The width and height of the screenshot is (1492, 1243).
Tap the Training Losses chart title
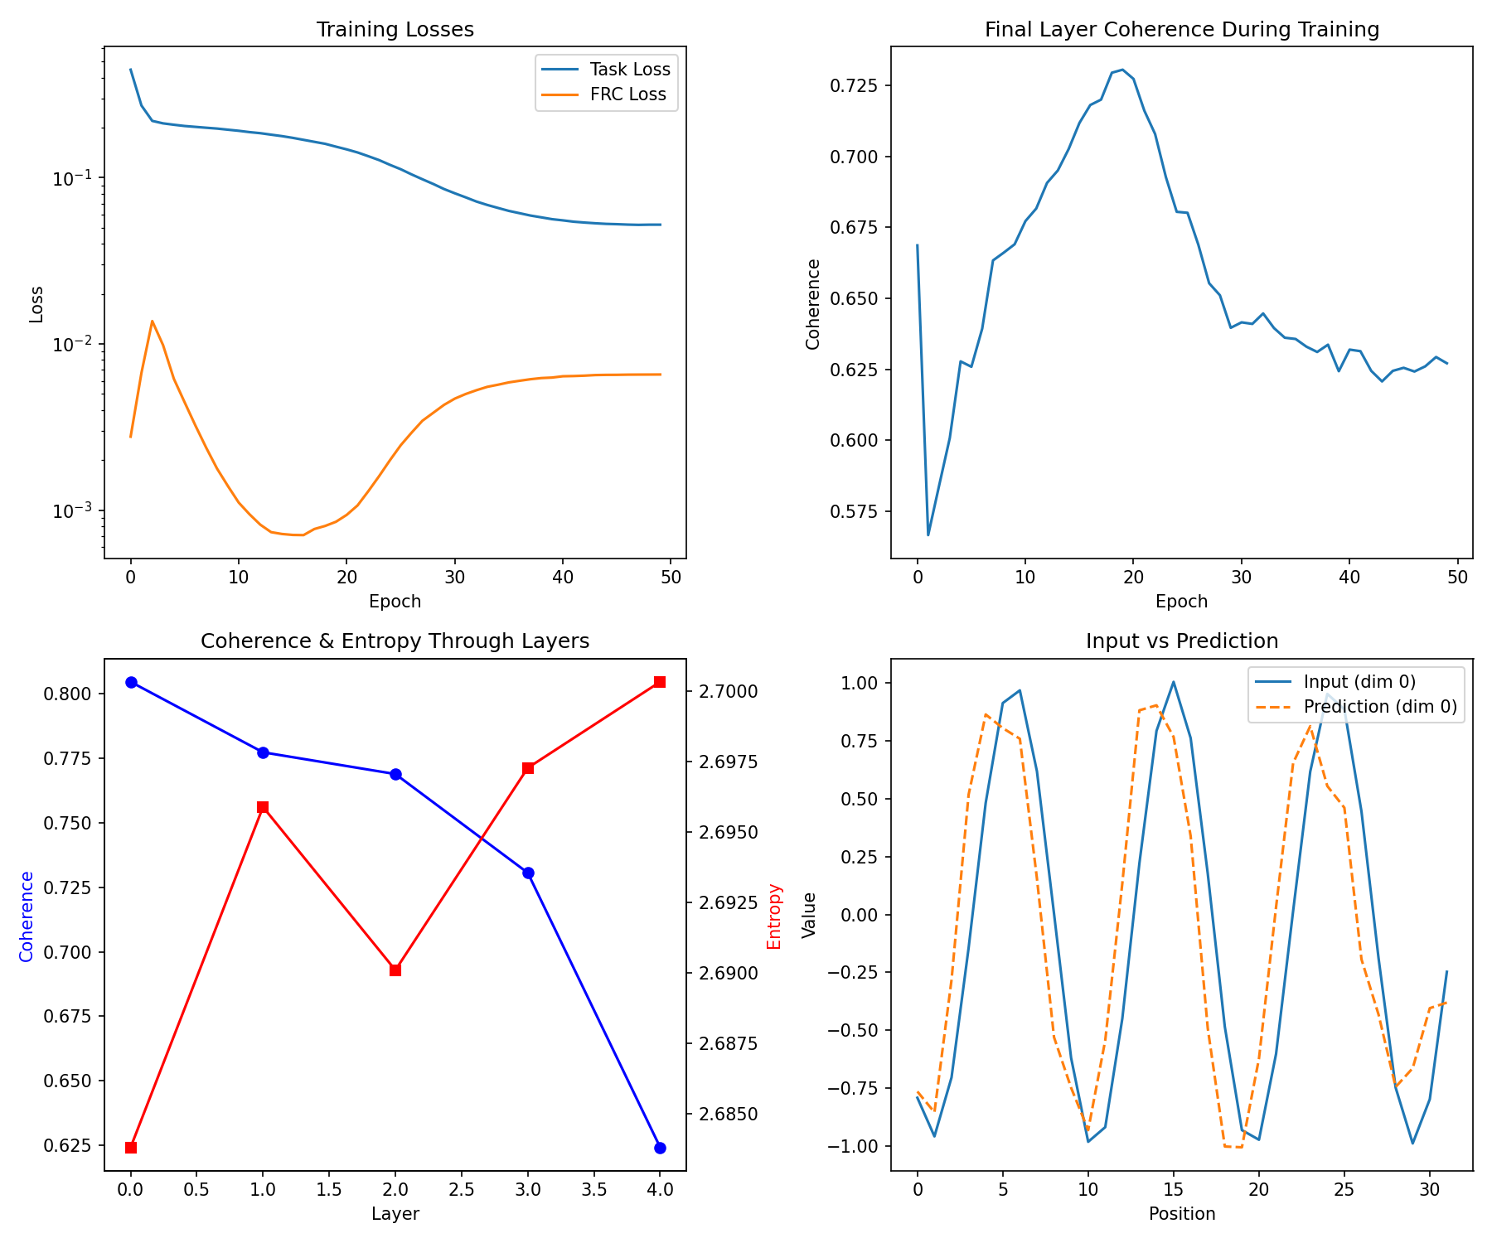click(395, 30)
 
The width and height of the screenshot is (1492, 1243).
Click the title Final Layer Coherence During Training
click(1181, 30)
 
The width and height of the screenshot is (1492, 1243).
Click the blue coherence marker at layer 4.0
click(660, 1148)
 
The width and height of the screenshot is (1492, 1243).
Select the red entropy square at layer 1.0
click(263, 807)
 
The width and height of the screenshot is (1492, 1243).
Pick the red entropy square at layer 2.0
click(395, 970)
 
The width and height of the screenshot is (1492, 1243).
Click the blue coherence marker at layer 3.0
click(528, 873)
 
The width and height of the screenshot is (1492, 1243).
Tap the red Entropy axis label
click(774, 916)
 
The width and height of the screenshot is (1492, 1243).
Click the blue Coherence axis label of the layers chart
click(27, 916)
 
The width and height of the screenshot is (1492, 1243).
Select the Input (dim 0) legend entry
click(1359, 682)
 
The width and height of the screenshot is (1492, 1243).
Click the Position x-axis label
click(1181, 1214)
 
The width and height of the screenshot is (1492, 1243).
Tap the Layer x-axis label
click(395, 1214)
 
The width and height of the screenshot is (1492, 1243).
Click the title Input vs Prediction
click(1181, 641)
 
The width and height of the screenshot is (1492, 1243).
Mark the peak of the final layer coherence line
click(1122, 70)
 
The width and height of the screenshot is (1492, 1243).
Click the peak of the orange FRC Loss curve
click(152, 321)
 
